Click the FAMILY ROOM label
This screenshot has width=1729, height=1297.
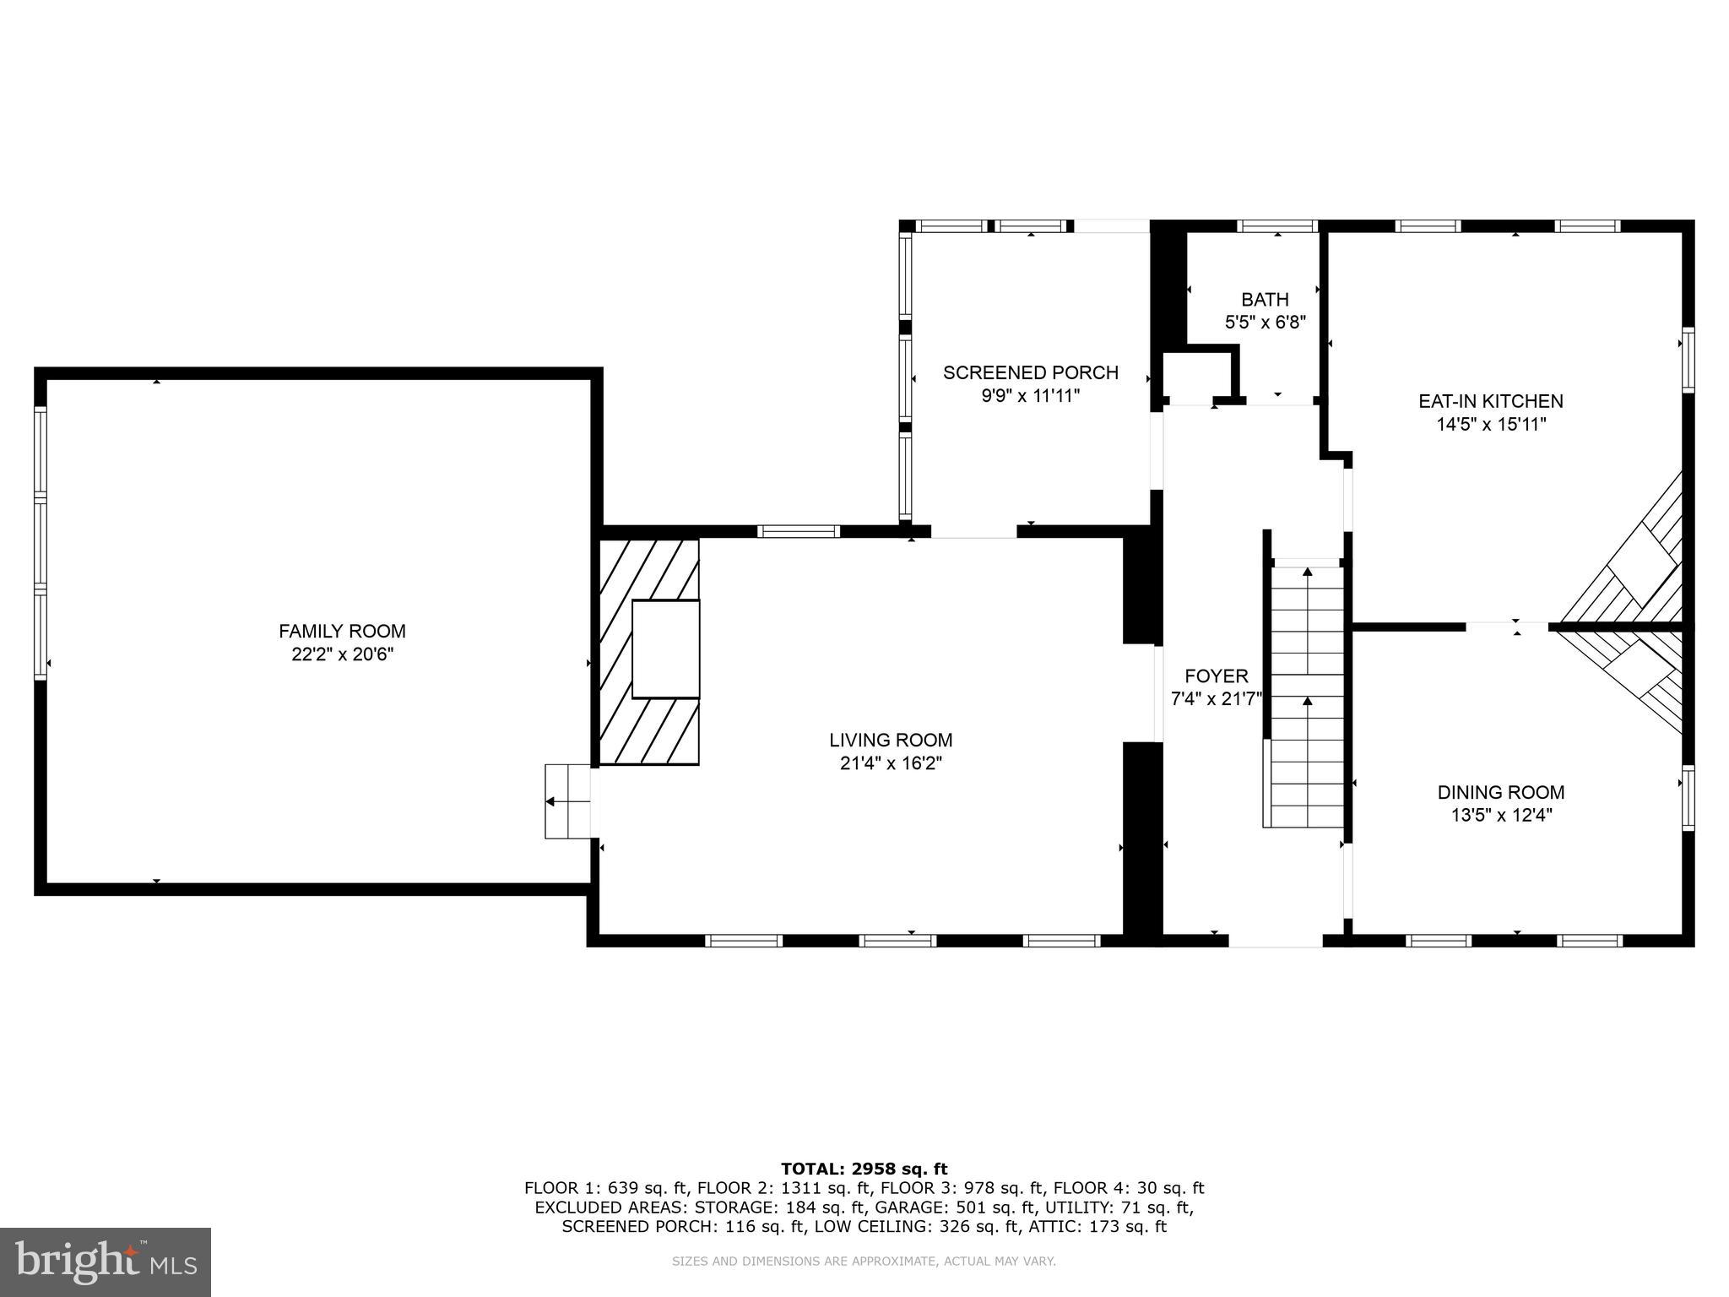(x=342, y=631)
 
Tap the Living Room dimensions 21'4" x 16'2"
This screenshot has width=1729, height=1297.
(x=891, y=763)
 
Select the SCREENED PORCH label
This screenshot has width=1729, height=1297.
(x=1030, y=372)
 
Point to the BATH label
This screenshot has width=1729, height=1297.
(x=1265, y=299)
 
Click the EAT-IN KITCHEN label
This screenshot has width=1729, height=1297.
(x=1490, y=401)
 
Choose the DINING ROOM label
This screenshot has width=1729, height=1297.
(x=1500, y=792)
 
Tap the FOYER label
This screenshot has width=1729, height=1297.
(x=1216, y=676)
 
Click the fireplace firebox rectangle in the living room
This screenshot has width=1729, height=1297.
(x=665, y=648)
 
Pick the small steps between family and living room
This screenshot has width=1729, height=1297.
(x=568, y=801)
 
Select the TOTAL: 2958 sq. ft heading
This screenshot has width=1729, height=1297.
(x=864, y=1169)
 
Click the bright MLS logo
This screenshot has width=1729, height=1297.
(x=106, y=1262)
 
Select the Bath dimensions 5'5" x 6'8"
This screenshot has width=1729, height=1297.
(x=1265, y=322)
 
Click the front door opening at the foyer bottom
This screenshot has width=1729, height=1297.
(x=1275, y=940)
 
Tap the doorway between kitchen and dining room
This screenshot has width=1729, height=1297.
(x=1507, y=627)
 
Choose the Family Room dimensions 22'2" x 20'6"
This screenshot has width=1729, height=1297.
(x=342, y=654)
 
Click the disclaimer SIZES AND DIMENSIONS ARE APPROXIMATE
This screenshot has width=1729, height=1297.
(x=864, y=1262)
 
